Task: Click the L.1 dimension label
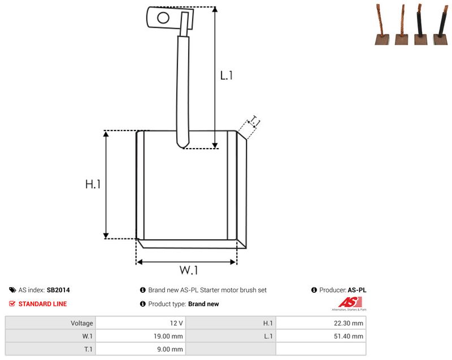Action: click(x=227, y=76)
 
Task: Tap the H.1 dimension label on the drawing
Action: click(x=93, y=184)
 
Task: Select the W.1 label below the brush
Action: click(x=189, y=270)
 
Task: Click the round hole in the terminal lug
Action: click(x=163, y=18)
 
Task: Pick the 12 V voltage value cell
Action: click(x=141, y=323)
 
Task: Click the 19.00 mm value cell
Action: click(x=141, y=336)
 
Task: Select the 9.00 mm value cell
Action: click(x=141, y=349)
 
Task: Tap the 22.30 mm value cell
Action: click(x=321, y=323)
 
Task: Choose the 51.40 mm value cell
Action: click(x=321, y=336)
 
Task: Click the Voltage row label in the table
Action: click(x=82, y=323)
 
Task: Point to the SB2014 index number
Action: click(x=58, y=290)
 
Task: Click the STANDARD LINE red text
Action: click(x=43, y=304)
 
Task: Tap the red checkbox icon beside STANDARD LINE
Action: click(x=12, y=304)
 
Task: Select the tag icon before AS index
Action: click(x=12, y=290)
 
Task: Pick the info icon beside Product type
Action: click(x=143, y=304)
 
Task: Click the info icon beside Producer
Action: click(x=314, y=290)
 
